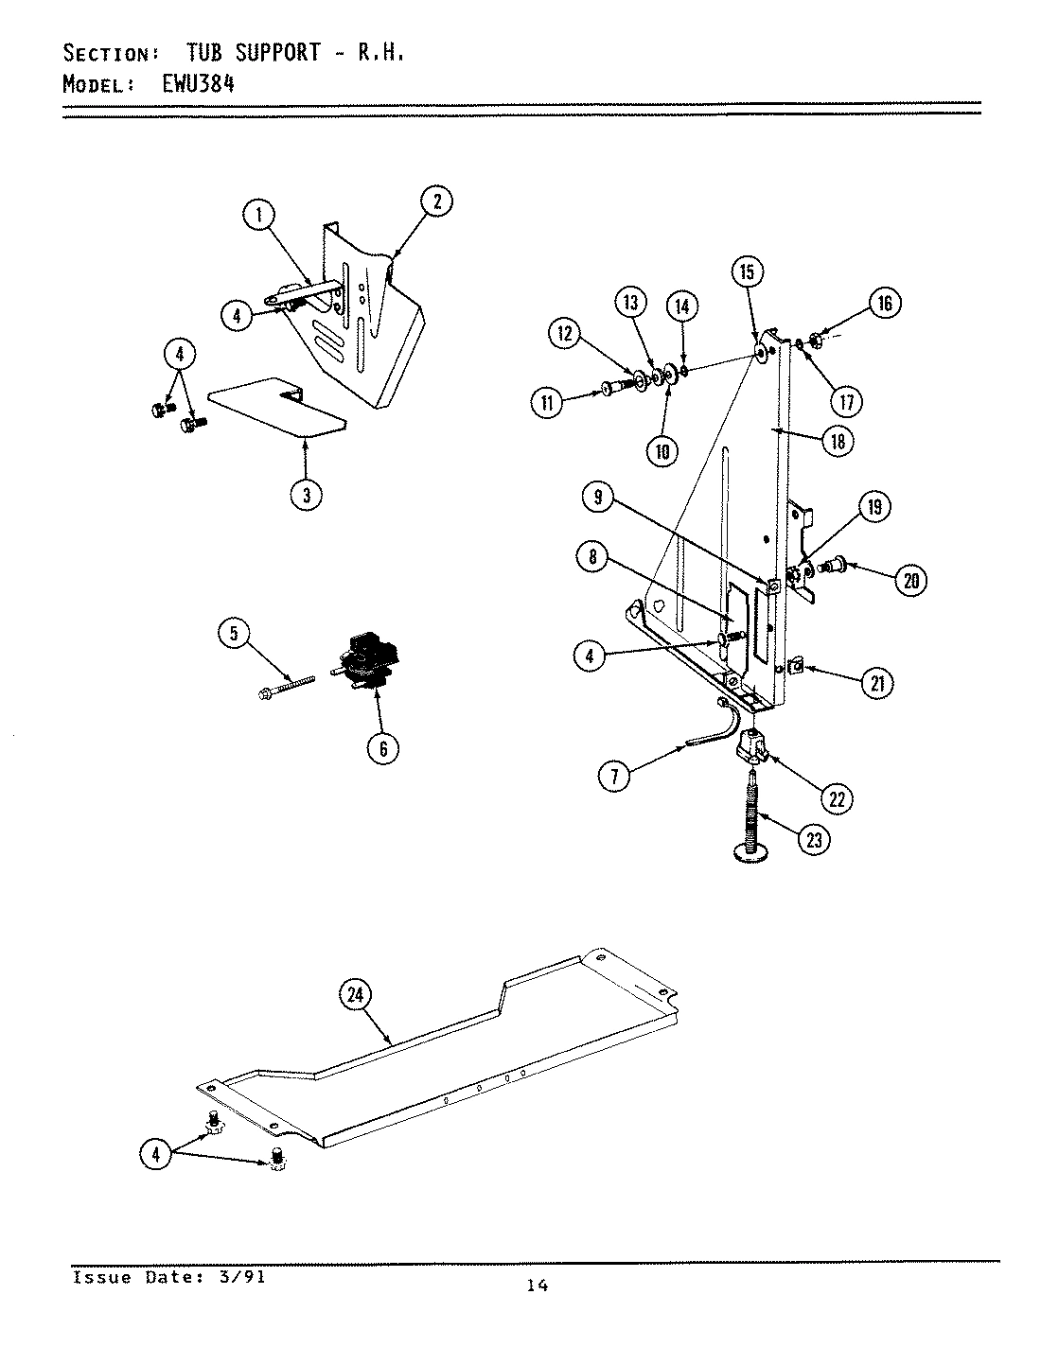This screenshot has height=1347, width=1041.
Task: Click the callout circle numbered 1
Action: (257, 216)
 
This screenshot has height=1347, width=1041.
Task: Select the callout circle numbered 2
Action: (436, 201)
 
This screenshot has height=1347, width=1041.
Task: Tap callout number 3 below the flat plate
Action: (306, 494)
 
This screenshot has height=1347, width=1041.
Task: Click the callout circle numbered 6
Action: (383, 748)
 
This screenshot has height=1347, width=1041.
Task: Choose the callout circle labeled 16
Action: (885, 304)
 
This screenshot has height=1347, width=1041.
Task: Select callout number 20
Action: (910, 581)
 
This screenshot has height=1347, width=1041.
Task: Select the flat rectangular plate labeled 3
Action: (274, 407)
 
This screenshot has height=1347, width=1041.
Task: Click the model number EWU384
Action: (187, 82)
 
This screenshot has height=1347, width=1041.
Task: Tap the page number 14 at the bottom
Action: (537, 1285)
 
